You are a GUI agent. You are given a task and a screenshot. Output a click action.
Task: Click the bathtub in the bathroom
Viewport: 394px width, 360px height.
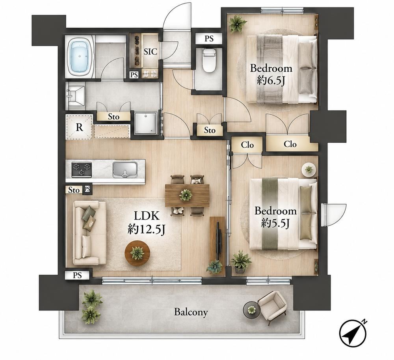coord(80,56)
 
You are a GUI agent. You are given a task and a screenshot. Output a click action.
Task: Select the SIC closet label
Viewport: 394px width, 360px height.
coord(150,52)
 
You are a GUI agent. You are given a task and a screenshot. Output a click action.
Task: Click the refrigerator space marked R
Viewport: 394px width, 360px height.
coord(79,127)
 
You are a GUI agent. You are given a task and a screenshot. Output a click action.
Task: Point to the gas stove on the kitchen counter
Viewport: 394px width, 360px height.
coord(82,170)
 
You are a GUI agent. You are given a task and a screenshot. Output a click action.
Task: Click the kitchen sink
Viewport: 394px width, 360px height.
coord(125,170)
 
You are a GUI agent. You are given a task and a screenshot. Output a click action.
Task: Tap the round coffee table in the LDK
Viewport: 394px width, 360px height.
coord(138,253)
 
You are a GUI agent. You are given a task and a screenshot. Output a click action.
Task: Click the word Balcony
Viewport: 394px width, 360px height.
coord(191,312)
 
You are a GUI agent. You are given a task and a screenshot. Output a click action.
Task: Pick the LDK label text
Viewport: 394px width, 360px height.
coord(147,216)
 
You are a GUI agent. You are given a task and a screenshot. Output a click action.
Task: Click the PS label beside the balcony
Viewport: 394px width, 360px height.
coord(78,275)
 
